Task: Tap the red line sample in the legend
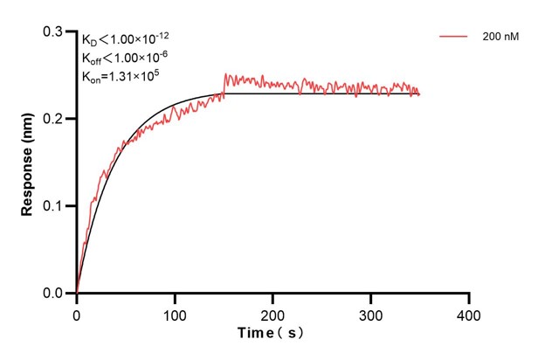coord(455,38)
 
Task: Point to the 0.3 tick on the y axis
coord(54,31)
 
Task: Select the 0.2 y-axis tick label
coord(54,119)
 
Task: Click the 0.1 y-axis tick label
coord(54,206)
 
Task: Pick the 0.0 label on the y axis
coord(54,294)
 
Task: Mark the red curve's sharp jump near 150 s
coord(224,83)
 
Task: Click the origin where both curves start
coord(77,294)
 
